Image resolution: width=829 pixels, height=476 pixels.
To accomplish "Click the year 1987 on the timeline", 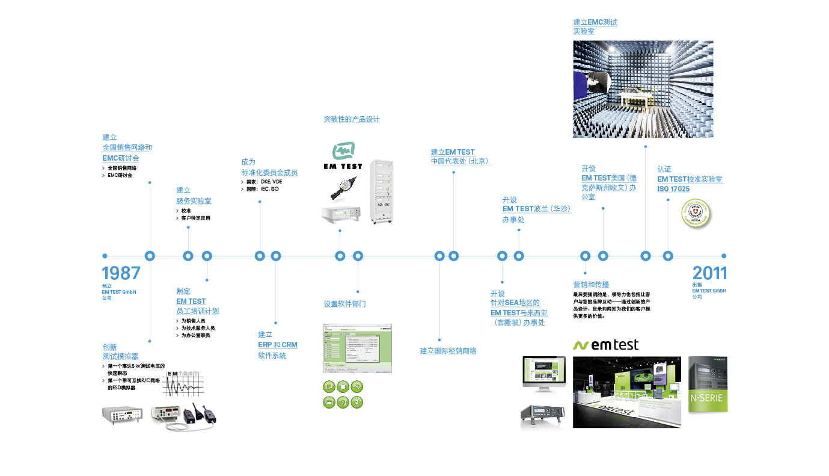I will tap(121, 273).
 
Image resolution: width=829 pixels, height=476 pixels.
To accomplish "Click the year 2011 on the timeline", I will tap(709, 273).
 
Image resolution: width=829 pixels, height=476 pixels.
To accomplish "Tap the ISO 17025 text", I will tap(673, 189).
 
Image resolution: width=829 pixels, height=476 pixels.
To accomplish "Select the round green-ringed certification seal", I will tap(696, 214).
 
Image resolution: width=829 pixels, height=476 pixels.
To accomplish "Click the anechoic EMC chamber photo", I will tap(643, 89).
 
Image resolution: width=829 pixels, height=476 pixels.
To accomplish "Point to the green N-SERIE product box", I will tap(708, 384).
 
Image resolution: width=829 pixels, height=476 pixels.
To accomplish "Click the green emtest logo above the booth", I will tap(605, 345).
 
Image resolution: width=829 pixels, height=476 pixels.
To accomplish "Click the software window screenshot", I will tap(358, 348).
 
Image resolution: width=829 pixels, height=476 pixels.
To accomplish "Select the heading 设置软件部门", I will tap(344, 304).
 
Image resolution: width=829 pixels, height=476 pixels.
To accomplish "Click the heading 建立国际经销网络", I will tap(448, 351).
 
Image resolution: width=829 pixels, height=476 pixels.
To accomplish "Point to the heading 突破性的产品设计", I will tap(352, 119).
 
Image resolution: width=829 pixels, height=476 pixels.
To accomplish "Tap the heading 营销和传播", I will tap(591, 285).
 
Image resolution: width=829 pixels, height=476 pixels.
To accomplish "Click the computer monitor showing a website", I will tap(543, 373).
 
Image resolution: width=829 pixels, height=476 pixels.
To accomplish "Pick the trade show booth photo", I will tap(626, 391).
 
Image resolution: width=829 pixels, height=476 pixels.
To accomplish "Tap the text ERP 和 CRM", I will tap(278, 345).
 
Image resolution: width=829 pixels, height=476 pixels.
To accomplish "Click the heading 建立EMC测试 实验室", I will tap(595, 26).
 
